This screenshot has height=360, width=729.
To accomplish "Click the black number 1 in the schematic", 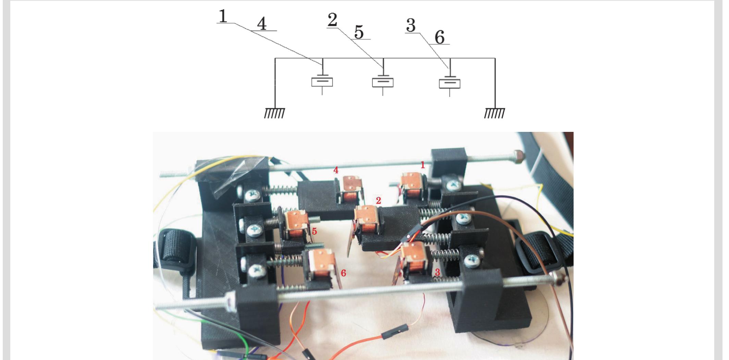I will [x=223, y=16].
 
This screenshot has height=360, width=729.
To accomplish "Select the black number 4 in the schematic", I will [x=262, y=24].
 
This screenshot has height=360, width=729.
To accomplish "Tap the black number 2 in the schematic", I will [x=332, y=21].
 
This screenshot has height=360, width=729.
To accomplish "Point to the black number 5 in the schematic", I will [x=359, y=33].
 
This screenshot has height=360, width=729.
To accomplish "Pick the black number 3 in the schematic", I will [x=410, y=25].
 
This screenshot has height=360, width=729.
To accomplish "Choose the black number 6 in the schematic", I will [x=440, y=37].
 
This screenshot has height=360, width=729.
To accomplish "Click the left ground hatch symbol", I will [x=274, y=113].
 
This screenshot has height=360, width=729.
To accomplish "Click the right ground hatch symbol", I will [x=494, y=113].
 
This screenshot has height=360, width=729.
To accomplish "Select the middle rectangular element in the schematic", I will [x=383, y=83].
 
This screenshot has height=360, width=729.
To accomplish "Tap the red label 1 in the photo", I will [x=423, y=165].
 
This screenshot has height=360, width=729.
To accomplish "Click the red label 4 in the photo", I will [x=336, y=170].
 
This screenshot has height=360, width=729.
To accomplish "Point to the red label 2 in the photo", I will [x=378, y=201].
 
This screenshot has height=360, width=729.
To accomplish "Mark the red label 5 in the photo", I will [x=314, y=231].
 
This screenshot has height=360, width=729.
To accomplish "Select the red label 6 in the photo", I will [x=344, y=273].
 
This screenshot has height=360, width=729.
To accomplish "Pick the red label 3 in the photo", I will [x=437, y=273].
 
